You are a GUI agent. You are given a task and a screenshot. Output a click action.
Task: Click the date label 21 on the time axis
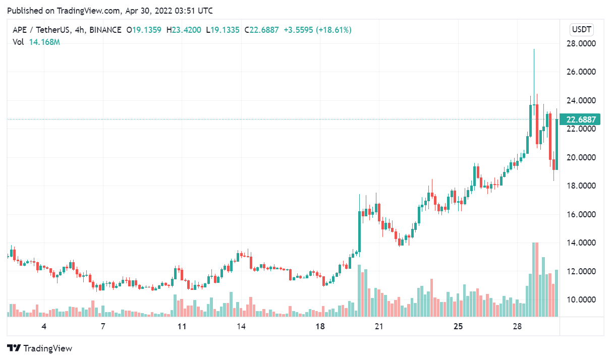[x=379, y=326]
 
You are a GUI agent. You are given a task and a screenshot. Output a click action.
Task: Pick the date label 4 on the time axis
[x=44, y=326]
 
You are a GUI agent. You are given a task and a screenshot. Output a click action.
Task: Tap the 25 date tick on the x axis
[x=458, y=326]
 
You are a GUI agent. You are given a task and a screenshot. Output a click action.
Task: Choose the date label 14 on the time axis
[x=241, y=326]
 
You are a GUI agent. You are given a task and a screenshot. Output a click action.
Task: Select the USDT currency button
[x=581, y=29]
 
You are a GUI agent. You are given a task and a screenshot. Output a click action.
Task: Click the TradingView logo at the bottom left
[x=39, y=348]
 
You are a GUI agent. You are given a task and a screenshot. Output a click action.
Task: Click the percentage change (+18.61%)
[x=334, y=30]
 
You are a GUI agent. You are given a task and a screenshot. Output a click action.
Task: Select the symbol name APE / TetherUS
[x=41, y=30]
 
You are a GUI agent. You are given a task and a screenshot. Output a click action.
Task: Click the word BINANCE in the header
[x=104, y=30]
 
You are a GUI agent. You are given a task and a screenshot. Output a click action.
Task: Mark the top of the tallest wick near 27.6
[x=534, y=49]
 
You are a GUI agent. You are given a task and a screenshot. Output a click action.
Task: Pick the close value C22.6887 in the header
[x=261, y=30]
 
